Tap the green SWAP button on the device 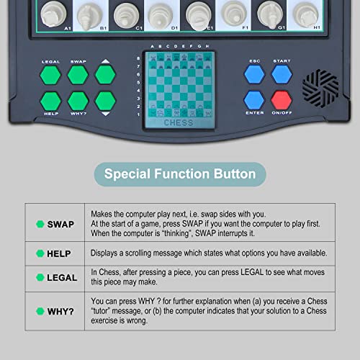pyautogui.click(x=78, y=74)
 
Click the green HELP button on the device pyautogui.click(x=50, y=100)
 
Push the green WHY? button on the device pyautogui.click(x=78, y=100)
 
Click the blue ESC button pyautogui.click(x=253, y=74)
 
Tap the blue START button pyautogui.click(x=282, y=74)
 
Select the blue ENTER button pyautogui.click(x=253, y=99)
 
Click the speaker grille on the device pyautogui.click(x=320, y=87)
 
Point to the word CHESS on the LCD pyautogui.click(x=179, y=122)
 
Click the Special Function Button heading pyautogui.click(x=179, y=174)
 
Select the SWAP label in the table pyautogui.click(x=61, y=224)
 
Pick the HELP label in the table pyautogui.click(x=61, y=253)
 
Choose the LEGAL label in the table pyautogui.click(x=61, y=277)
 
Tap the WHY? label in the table pyautogui.click(x=61, y=311)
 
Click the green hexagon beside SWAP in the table pyautogui.click(x=40, y=224)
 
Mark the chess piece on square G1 pyautogui.click(x=268, y=12)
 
